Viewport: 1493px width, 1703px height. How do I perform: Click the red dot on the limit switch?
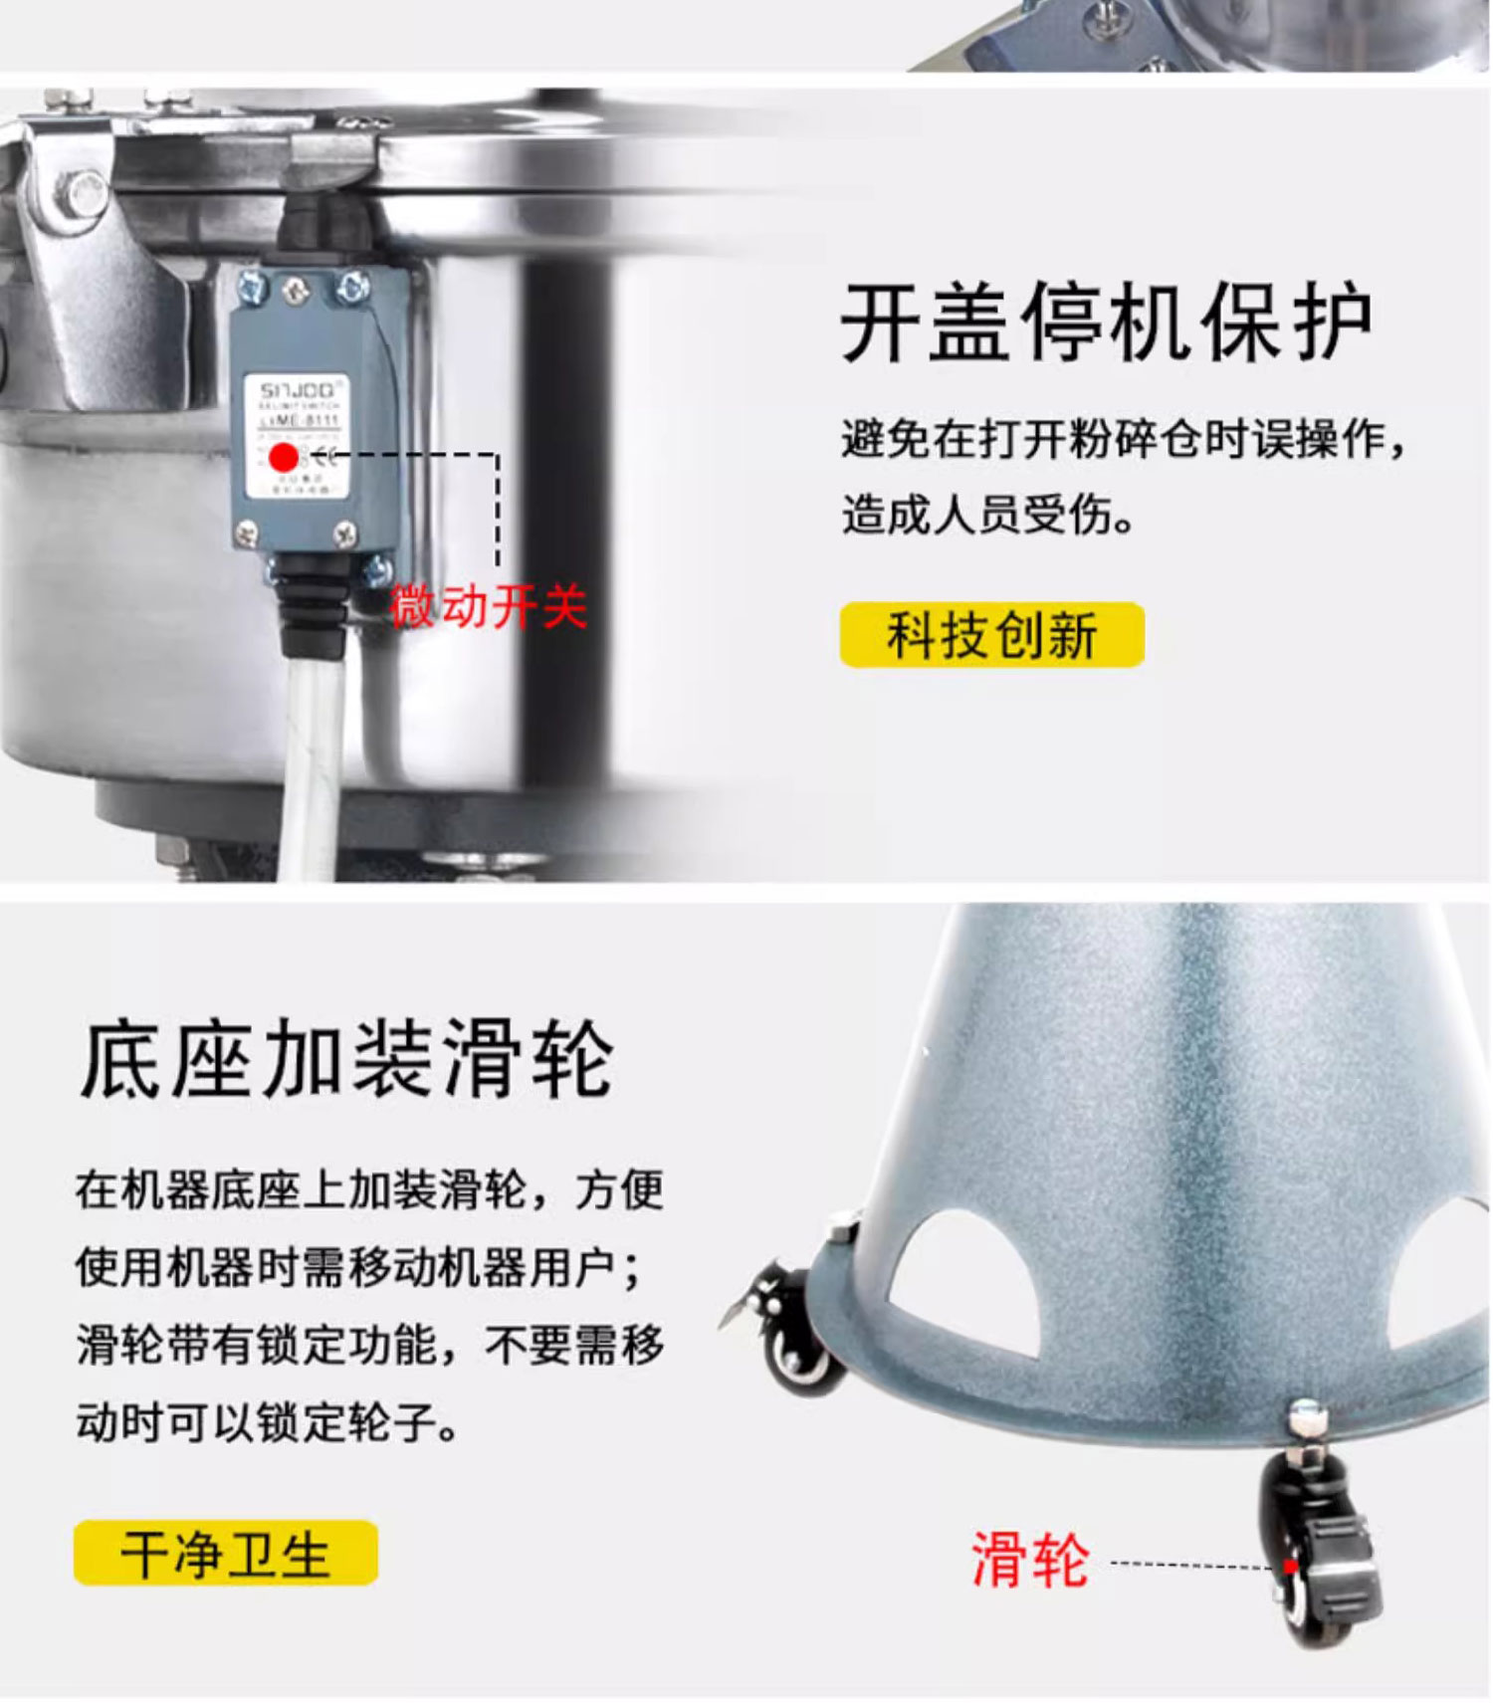(284, 458)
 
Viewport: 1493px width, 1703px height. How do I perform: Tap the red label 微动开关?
(488, 605)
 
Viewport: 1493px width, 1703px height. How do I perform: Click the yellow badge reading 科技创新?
(991, 635)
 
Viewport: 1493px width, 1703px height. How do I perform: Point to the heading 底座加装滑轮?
(346, 1059)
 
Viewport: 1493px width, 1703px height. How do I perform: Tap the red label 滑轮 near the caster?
(1029, 1560)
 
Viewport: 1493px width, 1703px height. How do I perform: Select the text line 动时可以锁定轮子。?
(267, 1421)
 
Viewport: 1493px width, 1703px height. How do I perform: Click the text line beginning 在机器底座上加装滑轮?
(368, 1189)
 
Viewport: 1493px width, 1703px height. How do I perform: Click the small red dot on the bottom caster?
(1290, 1566)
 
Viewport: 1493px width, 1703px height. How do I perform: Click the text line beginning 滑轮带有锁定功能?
(368, 1345)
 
